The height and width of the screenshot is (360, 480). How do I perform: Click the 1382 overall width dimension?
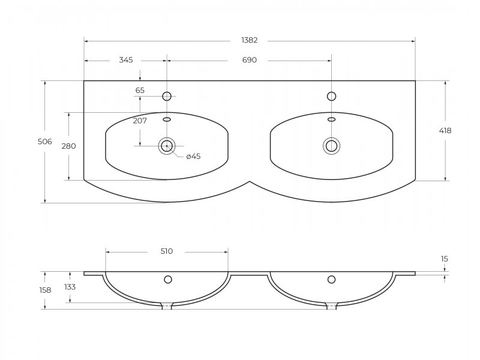[249, 40]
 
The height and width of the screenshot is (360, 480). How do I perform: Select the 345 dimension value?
[126, 60]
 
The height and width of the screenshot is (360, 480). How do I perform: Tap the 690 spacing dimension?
[249, 60]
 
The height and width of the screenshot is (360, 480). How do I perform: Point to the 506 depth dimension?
[44, 142]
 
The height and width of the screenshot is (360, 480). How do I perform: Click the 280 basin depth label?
[68, 146]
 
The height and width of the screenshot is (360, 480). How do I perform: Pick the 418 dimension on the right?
[445, 130]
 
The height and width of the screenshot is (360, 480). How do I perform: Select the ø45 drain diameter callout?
[193, 157]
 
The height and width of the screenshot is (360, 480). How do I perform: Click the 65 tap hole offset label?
[140, 91]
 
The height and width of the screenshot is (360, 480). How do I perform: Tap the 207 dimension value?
[140, 121]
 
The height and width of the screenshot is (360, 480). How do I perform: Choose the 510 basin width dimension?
[167, 251]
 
